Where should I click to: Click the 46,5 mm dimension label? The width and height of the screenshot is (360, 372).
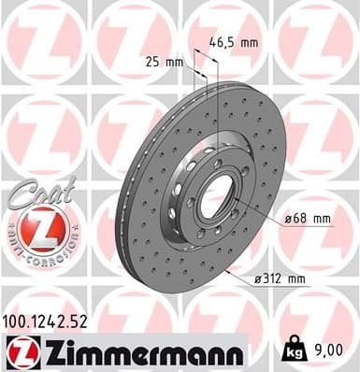coord(232,42)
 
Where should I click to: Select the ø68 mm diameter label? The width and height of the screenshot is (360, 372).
coord(307,219)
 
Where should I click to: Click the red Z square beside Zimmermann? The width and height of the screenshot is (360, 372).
coord(19,352)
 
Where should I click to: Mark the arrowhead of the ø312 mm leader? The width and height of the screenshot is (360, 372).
coord(228,271)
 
